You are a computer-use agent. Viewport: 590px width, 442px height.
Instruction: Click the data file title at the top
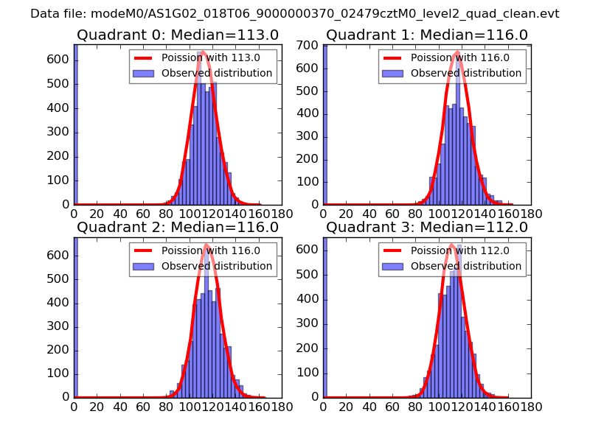click(x=295, y=14)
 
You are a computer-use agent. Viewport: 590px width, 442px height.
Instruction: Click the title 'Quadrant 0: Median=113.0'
click(x=177, y=35)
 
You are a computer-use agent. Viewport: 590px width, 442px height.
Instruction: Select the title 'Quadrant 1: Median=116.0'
click(x=427, y=35)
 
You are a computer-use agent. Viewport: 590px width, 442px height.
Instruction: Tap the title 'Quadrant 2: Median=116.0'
click(x=177, y=228)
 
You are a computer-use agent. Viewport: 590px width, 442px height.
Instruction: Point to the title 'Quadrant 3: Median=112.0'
click(x=427, y=228)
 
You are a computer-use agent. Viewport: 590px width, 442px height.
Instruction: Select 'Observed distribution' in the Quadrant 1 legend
click(x=465, y=74)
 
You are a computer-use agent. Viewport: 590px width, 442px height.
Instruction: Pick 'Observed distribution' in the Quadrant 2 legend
click(x=216, y=266)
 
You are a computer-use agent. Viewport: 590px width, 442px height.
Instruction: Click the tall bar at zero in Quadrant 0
click(x=75, y=125)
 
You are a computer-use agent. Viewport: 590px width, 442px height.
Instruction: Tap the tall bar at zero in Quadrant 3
click(x=325, y=317)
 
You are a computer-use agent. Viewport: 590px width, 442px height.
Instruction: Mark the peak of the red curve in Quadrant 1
click(x=457, y=52)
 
